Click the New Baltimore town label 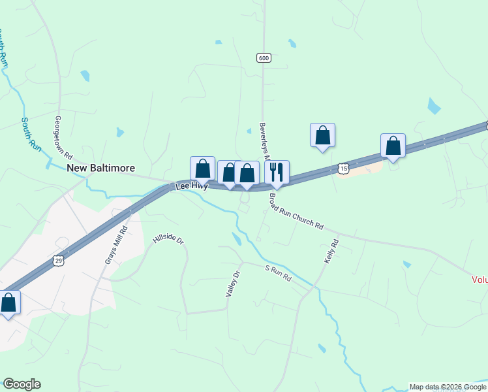(x=101, y=168)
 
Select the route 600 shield (x=263, y=58)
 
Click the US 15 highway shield (x=344, y=169)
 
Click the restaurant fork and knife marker (x=277, y=172)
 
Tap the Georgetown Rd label (x=63, y=135)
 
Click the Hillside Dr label (x=169, y=240)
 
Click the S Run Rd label (x=278, y=273)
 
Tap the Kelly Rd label (x=331, y=252)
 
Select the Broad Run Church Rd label (x=297, y=211)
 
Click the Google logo (x=22, y=384)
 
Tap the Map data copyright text (x=448, y=387)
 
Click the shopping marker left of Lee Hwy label (x=202, y=169)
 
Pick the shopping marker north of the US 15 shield (x=322, y=135)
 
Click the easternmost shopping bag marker (x=393, y=146)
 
